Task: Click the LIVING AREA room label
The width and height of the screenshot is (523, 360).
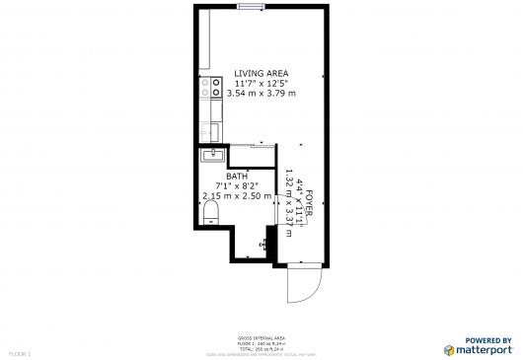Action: click(261, 72)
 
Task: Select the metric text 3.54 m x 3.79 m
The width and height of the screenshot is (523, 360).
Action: click(261, 93)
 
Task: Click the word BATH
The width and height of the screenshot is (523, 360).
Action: click(237, 177)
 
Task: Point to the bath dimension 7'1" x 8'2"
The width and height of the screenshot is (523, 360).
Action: click(237, 186)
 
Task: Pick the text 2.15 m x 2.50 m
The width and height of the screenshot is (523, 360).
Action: click(237, 196)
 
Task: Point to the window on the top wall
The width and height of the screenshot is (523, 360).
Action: click(251, 7)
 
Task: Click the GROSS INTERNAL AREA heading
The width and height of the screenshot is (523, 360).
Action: click(261, 337)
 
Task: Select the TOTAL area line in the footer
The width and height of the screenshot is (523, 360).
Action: click(261, 349)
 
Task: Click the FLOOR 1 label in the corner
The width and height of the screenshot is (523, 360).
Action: click(21, 352)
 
